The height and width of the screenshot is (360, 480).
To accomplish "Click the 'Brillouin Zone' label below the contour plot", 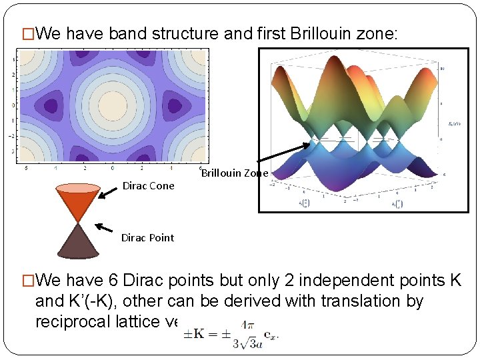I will [x=235, y=173].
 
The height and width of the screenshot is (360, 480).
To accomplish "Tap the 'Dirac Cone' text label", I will [x=148, y=186].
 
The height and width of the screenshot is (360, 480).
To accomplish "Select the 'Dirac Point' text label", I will [x=147, y=238].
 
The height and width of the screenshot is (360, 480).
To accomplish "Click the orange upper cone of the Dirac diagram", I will [x=79, y=203].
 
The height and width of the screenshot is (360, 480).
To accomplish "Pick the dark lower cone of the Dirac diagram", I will [x=79, y=242].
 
